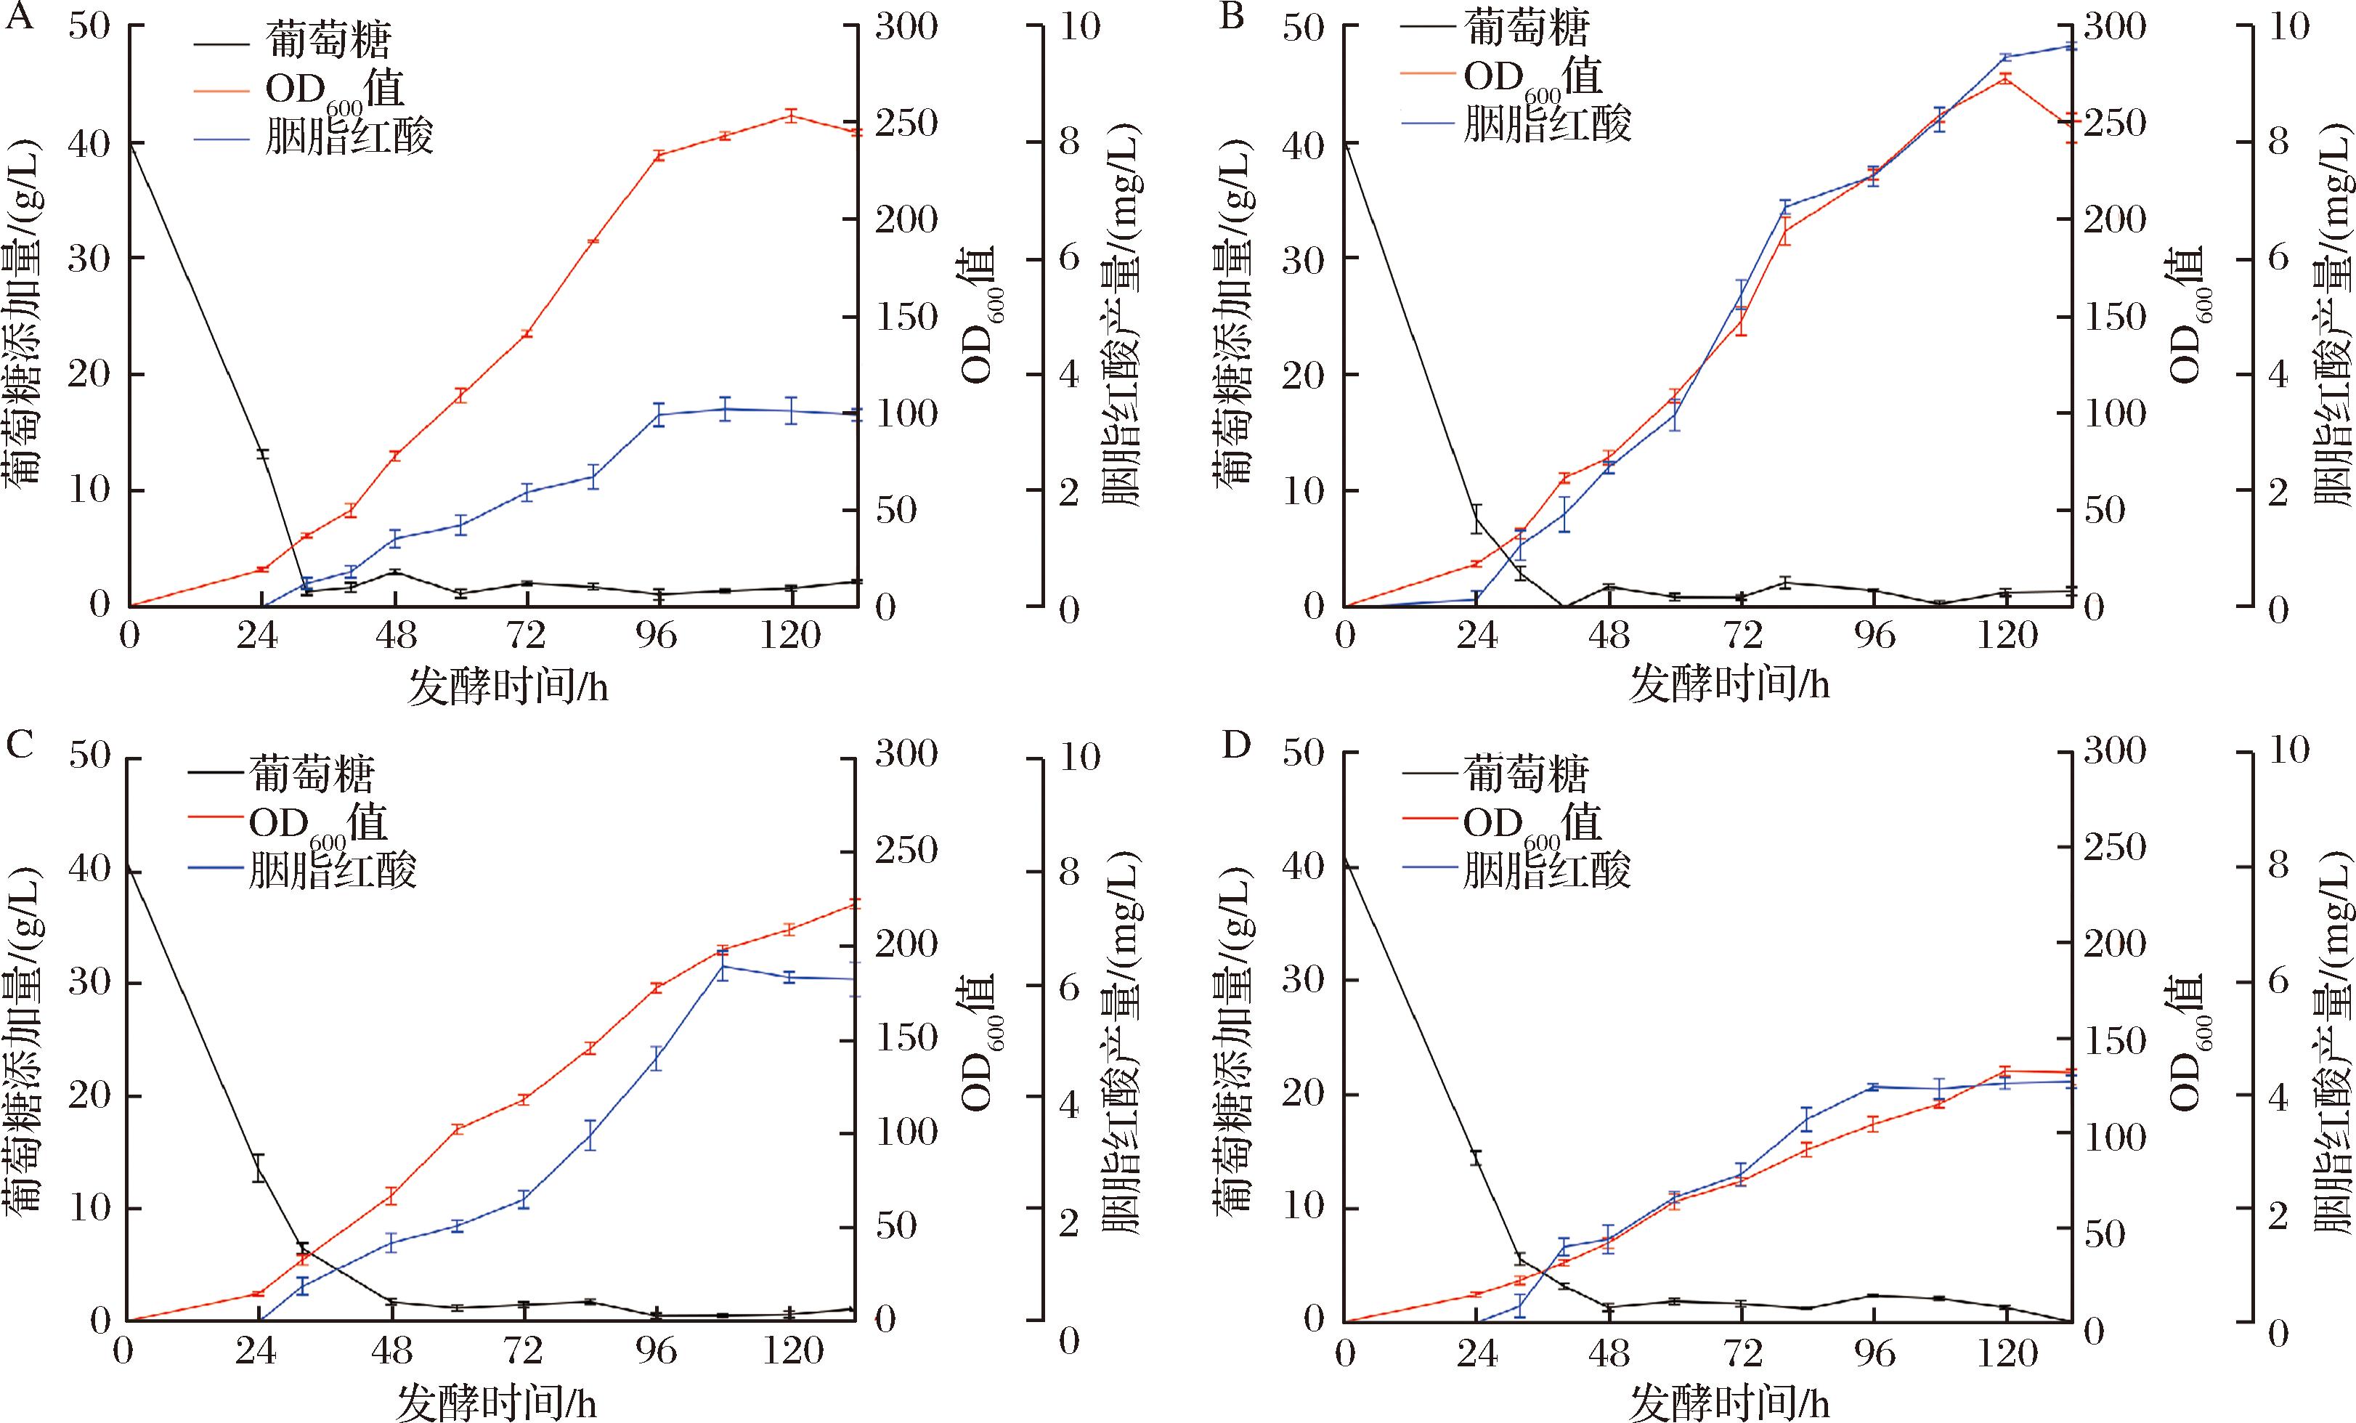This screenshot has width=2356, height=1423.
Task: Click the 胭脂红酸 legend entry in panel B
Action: (x=1547, y=123)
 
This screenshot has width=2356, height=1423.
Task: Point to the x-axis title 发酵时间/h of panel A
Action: (x=508, y=685)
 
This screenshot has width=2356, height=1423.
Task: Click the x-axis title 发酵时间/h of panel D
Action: (x=1729, y=1403)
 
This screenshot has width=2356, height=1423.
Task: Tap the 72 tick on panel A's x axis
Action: (x=526, y=635)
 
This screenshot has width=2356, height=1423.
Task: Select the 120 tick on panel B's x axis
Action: (x=2007, y=635)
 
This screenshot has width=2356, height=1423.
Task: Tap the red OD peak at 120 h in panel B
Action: (x=2006, y=78)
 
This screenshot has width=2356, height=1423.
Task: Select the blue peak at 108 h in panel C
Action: (x=723, y=966)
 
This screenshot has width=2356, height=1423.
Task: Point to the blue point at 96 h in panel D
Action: (x=1874, y=1113)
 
